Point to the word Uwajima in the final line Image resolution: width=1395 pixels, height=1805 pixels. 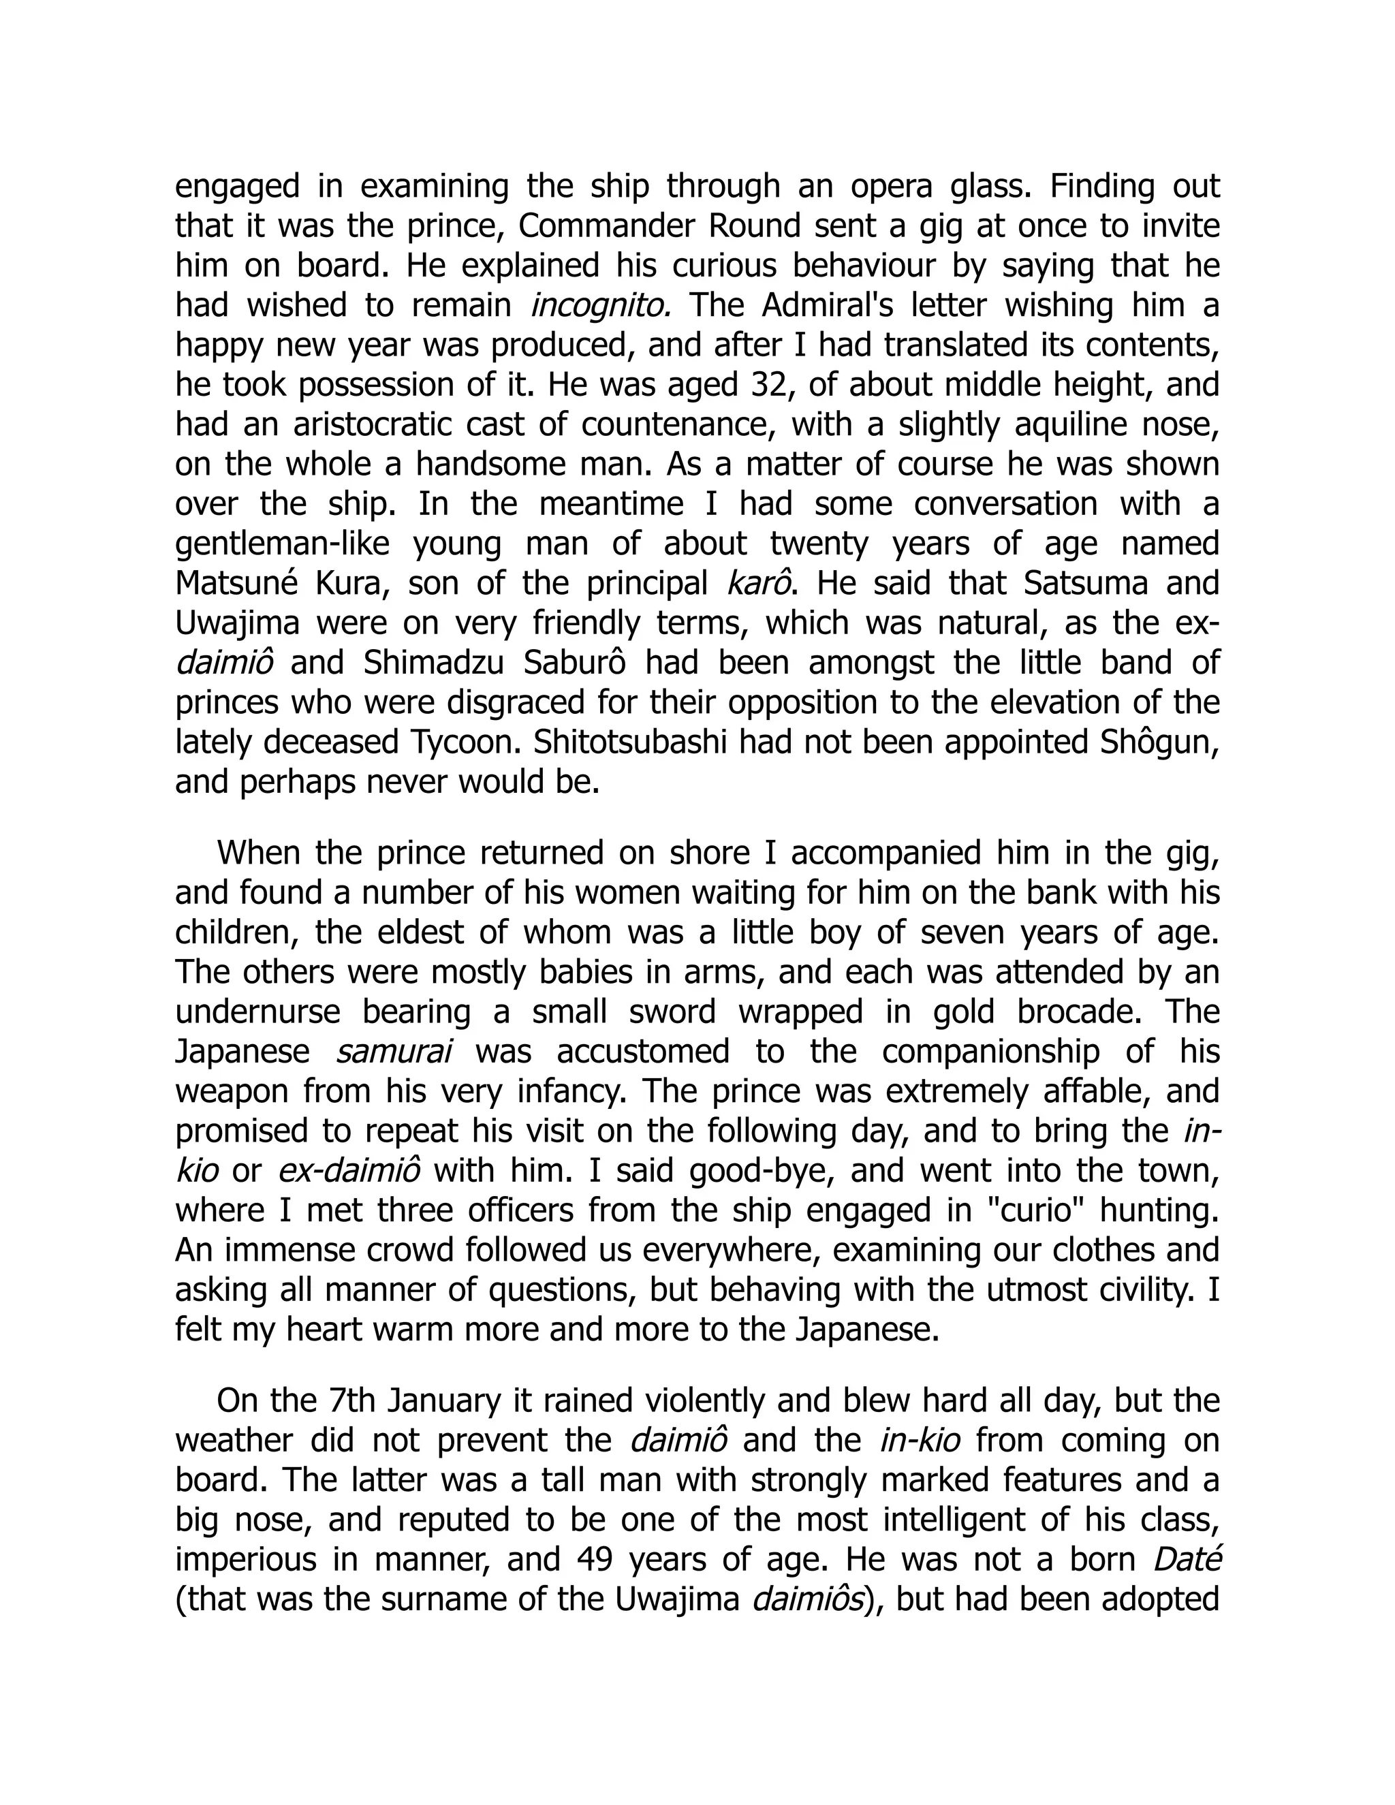click(675, 1599)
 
